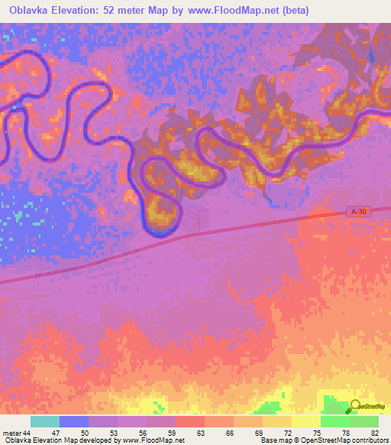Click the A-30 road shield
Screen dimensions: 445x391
(359, 211)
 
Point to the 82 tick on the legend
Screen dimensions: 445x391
(374, 434)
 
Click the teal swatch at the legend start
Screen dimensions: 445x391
(44, 421)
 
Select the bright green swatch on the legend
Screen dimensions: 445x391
(334, 421)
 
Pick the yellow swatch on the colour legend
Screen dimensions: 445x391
(305, 421)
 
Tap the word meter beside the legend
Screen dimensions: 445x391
(12, 434)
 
